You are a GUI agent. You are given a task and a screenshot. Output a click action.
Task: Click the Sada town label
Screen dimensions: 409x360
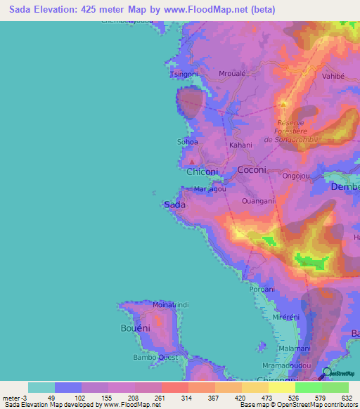tap(174, 204)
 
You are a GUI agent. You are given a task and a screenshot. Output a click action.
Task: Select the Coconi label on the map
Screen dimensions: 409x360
tap(252, 170)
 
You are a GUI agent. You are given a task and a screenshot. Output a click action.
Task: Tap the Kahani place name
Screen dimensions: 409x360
tap(240, 145)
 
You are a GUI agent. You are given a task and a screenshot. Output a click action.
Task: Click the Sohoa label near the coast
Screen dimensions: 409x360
tap(187, 142)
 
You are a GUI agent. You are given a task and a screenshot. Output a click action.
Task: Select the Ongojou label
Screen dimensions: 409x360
tap(295, 176)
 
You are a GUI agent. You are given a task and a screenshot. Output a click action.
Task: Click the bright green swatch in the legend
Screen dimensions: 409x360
tap(308, 387)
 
